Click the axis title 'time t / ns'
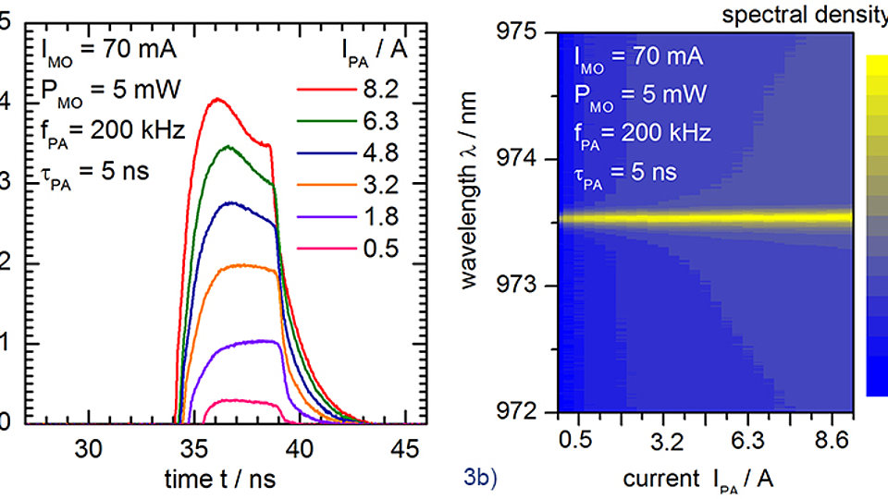point(220,479)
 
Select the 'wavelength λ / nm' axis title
point(472,222)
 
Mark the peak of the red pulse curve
point(217,99)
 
